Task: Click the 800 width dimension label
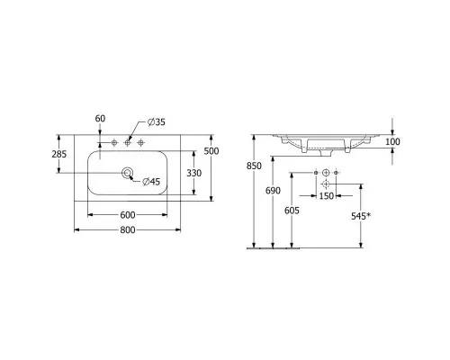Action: click(x=128, y=229)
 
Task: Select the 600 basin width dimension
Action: click(x=128, y=215)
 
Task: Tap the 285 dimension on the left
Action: click(x=59, y=154)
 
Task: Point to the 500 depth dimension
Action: click(x=211, y=151)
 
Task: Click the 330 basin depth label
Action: click(x=194, y=173)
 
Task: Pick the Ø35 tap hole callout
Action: click(x=157, y=122)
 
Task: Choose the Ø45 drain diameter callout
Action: click(x=151, y=182)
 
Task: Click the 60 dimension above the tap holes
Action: click(x=100, y=119)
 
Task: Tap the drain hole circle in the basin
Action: click(x=127, y=173)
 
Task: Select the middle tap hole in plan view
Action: click(x=127, y=143)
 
